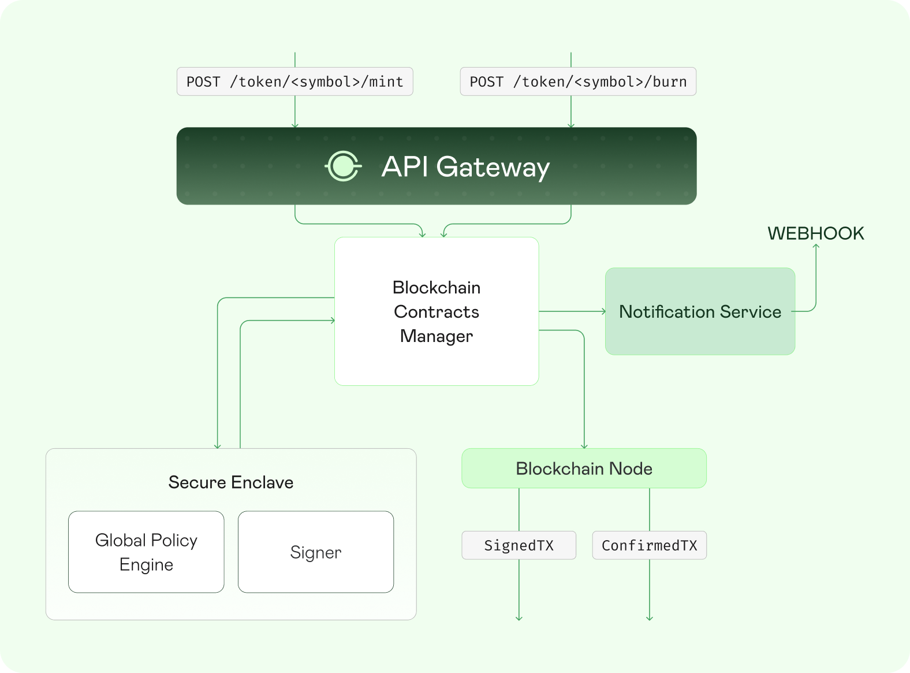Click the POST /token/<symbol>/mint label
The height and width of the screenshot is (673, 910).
point(294,81)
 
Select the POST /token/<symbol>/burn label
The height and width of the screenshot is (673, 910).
point(578,81)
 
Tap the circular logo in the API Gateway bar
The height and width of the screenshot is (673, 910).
point(343,166)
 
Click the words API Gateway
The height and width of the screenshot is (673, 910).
point(465,167)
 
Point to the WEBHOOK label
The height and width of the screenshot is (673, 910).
point(815,233)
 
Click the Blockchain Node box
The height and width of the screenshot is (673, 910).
point(584,469)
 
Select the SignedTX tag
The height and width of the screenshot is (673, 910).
point(519,545)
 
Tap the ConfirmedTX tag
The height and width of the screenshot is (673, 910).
point(649,545)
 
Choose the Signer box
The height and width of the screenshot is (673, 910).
point(316,552)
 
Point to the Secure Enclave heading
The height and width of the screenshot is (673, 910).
point(231,482)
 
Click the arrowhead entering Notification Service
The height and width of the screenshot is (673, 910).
point(603,311)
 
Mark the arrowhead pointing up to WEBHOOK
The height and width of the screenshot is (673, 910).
point(816,247)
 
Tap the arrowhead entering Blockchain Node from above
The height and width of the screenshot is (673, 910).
point(584,446)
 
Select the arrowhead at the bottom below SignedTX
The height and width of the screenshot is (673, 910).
point(519,618)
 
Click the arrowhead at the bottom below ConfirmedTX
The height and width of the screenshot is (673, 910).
point(650,618)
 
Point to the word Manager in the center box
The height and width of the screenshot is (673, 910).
point(437,336)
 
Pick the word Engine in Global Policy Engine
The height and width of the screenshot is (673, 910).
point(146,564)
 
